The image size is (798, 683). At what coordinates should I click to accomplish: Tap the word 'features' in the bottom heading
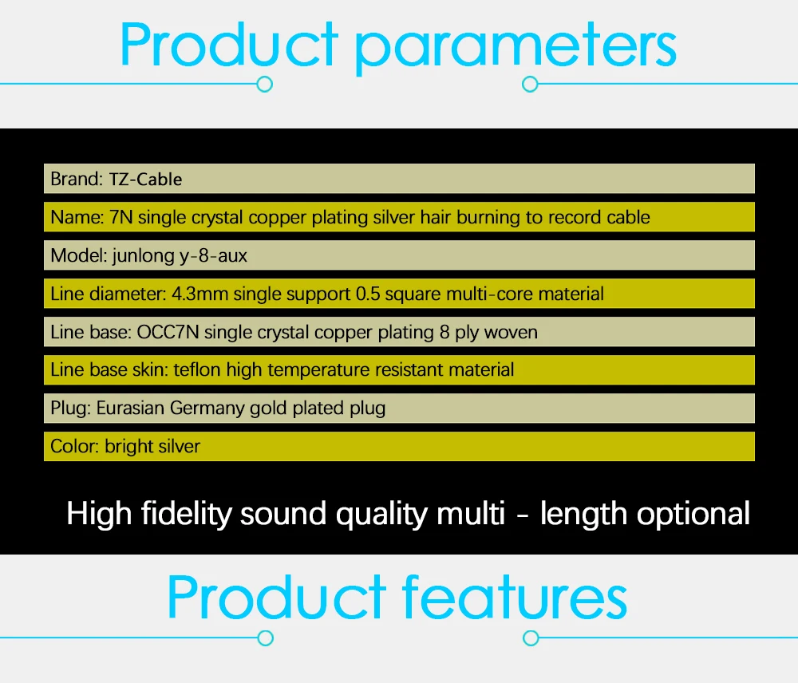(x=514, y=597)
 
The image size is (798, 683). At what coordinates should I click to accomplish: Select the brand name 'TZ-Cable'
(x=145, y=180)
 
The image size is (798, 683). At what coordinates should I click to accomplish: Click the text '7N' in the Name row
(x=121, y=217)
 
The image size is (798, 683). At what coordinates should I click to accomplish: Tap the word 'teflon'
(x=197, y=370)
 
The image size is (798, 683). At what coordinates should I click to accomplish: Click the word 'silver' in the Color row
(x=178, y=446)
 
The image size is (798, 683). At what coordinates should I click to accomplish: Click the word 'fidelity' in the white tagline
(x=186, y=514)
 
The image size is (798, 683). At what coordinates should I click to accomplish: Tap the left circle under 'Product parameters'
(x=265, y=84)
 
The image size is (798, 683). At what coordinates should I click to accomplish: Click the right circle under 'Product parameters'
(x=531, y=84)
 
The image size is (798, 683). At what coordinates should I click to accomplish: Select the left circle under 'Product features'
(x=265, y=638)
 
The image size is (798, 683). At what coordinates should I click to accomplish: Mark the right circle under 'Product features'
(x=531, y=638)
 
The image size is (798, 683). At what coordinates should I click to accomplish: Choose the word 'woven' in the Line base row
(x=511, y=333)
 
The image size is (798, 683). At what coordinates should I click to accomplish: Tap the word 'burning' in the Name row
(x=488, y=218)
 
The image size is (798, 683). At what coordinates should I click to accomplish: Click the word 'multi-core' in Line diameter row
(x=490, y=294)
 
